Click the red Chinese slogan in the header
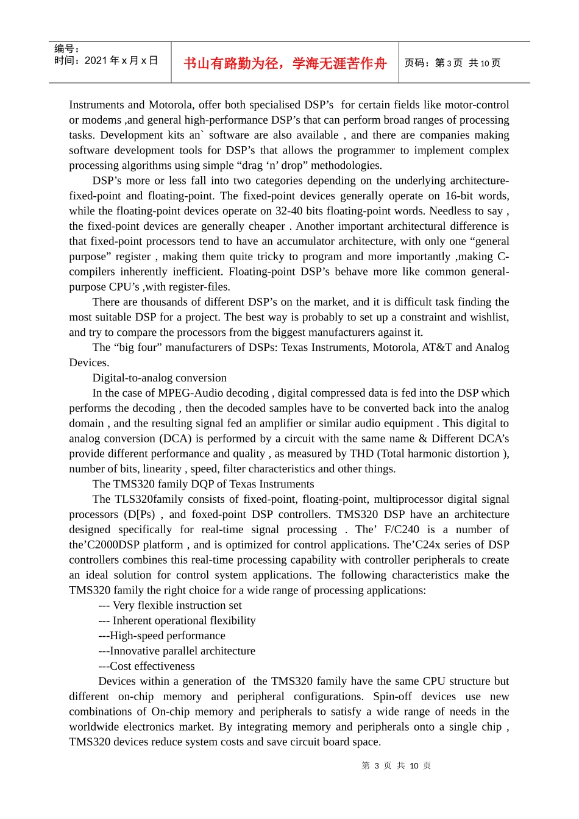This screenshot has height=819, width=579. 285,63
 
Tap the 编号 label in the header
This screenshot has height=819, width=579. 66,49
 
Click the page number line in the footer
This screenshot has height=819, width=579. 396,765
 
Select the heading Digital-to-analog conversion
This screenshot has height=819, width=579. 159,378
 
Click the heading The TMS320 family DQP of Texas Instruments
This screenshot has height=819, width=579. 203,484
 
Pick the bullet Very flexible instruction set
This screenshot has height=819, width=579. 170,605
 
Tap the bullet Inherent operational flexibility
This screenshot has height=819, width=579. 177,620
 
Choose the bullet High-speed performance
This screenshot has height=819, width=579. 162,636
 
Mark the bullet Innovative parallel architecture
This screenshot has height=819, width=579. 177,651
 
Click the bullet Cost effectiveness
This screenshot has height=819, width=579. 146,666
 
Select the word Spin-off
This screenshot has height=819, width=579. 393,697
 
